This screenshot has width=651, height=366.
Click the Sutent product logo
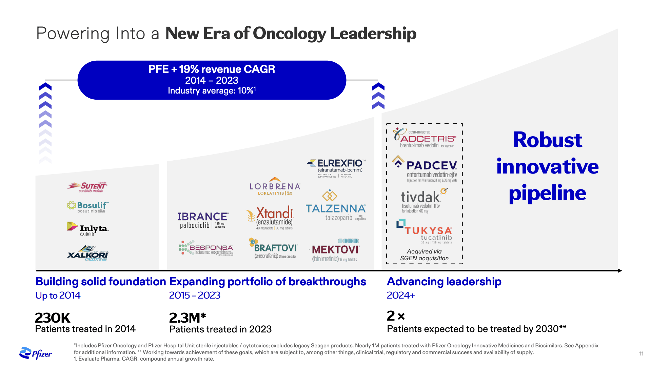click(87, 187)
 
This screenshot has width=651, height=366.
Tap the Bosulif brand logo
click(88, 207)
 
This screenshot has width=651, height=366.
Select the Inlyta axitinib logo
click(87, 229)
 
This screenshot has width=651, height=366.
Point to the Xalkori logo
click(88, 256)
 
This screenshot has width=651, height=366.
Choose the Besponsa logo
click(206, 248)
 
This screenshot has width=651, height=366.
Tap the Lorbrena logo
click(275, 187)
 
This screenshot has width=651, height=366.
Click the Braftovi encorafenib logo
click(274, 249)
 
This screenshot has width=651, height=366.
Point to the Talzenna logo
click(336, 207)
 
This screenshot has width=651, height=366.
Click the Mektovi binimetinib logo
click(335, 251)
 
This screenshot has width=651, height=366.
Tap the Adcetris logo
click(425, 138)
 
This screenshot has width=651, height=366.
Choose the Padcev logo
click(425, 169)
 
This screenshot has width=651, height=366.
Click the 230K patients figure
click(53, 318)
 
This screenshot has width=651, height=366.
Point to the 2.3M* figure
click(188, 318)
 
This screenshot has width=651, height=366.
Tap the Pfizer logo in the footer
click(36, 353)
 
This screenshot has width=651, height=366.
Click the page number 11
click(641, 353)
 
